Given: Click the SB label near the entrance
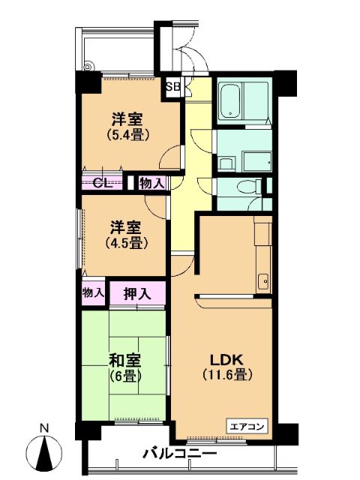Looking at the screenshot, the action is (x=173, y=87).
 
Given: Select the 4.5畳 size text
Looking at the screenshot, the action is (x=127, y=243).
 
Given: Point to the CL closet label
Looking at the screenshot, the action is (x=101, y=183).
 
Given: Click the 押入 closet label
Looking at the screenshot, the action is (x=137, y=294).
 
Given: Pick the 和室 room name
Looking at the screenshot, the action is (x=125, y=361).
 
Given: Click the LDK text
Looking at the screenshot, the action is (x=226, y=360).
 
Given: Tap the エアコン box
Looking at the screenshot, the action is (x=247, y=426).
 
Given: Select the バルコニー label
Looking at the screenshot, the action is (x=180, y=453).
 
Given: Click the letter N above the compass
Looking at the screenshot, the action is (x=45, y=428).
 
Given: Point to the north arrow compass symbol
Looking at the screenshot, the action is (x=44, y=451).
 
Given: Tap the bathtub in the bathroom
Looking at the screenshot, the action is (x=230, y=101).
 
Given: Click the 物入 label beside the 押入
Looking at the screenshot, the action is (x=93, y=293).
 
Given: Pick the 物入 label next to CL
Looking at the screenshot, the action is (x=152, y=184).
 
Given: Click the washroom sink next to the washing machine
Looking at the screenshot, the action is (x=226, y=163).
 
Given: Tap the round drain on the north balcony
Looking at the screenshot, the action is (x=88, y=67).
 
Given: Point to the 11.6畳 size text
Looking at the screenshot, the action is (x=227, y=374).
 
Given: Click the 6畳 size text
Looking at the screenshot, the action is (x=125, y=376).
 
